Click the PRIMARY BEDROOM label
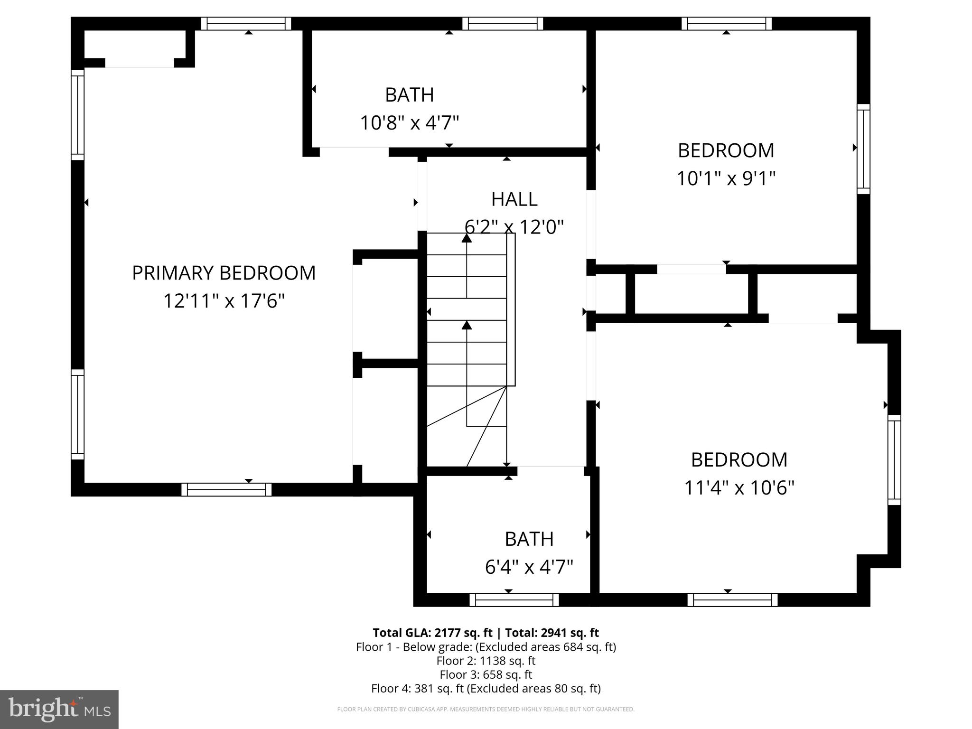tap(224, 273)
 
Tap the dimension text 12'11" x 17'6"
tap(224, 301)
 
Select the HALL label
tap(514, 199)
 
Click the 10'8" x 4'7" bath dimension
tap(410, 123)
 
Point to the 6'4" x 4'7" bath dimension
tap(529, 567)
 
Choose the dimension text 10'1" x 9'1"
tap(726, 178)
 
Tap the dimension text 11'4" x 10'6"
tap(739, 487)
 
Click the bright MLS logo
tap(59, 709)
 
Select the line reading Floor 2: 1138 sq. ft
tap(486, 661)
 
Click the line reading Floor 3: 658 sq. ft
tap(486, 674)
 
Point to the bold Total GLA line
tap(486, 633)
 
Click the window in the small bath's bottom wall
tap(514, 600)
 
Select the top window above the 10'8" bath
tap(503, 23)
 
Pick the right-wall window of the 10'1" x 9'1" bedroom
tap(863, 149)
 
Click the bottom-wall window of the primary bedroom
tap(226, 490)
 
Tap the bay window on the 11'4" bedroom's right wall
tap(894, 460)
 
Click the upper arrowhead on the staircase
tap(467, 238)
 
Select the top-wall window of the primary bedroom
tap(246, 23)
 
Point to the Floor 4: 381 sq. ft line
tap(486, 688)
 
